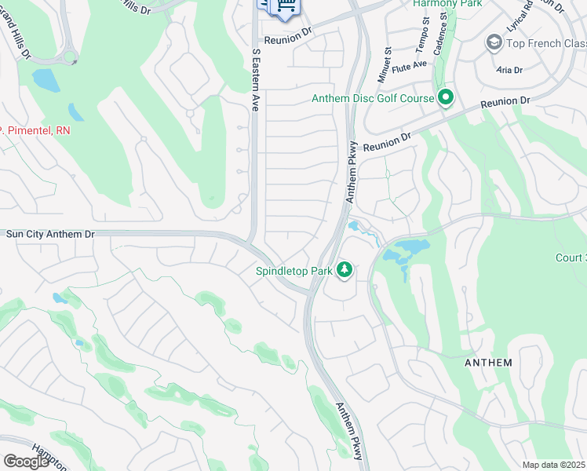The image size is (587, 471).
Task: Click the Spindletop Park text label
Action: click(x=293, y=271)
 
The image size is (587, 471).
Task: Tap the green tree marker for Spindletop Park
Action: click(x=344, y=270)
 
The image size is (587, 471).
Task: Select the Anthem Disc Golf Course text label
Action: click(x=373, y=98)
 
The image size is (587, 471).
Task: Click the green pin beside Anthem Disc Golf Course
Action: click(x=446, y=97)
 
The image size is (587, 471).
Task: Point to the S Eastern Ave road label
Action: click(x=255, y=78)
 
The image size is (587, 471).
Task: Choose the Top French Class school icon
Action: click(x=494, y=42)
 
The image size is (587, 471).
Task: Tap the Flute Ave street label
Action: click(x=411, y=67)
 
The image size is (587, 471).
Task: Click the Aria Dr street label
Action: click(x=509, y=70)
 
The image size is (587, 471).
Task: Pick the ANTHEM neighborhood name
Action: click(x=488, y=363)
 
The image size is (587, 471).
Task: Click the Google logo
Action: click(x=25, y=462)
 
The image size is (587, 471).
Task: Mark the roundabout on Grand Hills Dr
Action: click(x=70, y=57)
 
